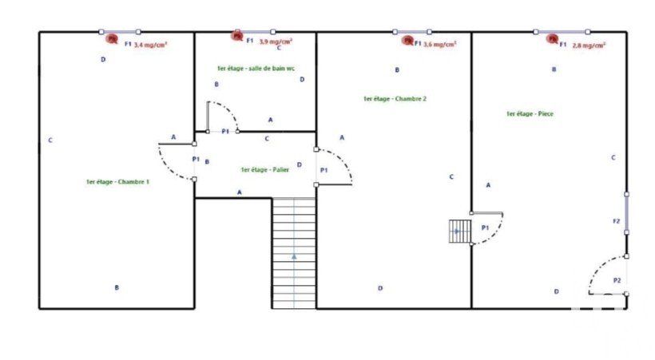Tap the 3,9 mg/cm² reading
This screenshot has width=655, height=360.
click(x=275, y=40)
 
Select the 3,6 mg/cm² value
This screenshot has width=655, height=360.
click(x=439, y=45)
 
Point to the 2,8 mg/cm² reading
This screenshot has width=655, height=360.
click(x=589, y=45)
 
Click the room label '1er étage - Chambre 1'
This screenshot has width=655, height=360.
click(x=117, y=182)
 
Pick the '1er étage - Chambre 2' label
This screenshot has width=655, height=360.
click(x=395, y=99)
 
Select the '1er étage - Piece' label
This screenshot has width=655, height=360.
click(x=530, y=114)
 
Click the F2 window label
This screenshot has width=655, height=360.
click(x=616, y=220)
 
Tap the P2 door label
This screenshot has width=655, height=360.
click(x=617, y=280)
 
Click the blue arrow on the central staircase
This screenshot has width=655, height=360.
click(x=294, y=256)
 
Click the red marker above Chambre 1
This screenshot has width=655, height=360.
click(x=112, y=38)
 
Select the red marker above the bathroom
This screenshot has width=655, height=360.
click(x=236, y=34)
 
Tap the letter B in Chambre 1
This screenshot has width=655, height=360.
click(x=117, y=287)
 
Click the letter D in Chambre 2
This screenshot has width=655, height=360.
click(x=380, y=287)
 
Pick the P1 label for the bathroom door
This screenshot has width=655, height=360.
click(x=225, y=131)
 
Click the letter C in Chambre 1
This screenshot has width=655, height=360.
click(x=50, y=140)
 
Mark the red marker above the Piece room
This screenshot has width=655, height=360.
click(x=551, y=38)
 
